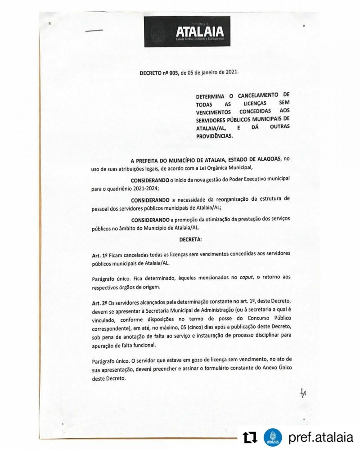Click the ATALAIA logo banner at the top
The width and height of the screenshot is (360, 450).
click(x=187, y=31)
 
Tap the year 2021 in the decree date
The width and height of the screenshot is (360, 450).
click(x=229, y=72)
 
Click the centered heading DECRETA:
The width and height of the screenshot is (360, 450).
click(x=190, y=240)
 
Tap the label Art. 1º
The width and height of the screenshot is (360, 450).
click(x=99, y=255)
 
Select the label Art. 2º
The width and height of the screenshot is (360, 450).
click(x=99, y=304)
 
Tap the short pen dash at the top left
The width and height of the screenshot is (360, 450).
click(x=94, y=31)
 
